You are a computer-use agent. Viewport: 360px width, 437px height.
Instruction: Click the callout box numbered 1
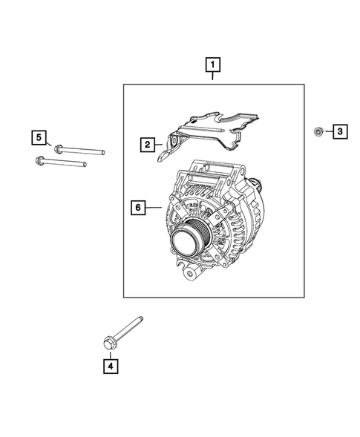click(213, 68)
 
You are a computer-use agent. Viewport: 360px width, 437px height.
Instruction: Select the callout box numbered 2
click(148, 144)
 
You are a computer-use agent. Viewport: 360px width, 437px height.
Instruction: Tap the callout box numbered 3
click(339, 132)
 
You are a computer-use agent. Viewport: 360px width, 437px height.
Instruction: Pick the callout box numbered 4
click(110, 365)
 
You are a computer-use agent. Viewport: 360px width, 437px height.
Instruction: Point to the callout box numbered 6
click(137, 208)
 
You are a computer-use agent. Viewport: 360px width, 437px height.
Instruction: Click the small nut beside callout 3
click(317, 132)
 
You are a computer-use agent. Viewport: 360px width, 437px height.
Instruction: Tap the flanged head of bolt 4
click(108, 342)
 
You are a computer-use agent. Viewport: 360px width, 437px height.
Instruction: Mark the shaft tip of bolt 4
click(141, 321)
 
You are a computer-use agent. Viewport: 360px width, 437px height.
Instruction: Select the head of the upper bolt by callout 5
click(57, 147)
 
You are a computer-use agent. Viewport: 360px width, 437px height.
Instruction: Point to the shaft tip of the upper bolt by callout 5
click(102, 152)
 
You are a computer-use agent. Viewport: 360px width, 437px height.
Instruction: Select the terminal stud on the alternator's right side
click(255, 185)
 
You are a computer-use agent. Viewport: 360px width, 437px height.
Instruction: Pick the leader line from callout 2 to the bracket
click(161, 144)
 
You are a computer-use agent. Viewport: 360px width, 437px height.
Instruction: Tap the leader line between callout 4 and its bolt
click(109, 352)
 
